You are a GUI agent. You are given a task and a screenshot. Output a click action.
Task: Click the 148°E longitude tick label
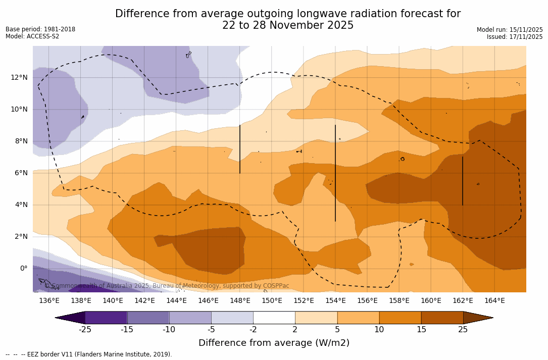pyautogui.click(x=240, y=301)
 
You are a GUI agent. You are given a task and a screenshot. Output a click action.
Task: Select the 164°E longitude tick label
pyautogui.click(x=494, y=301)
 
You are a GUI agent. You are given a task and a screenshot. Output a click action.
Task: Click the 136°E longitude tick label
pyautogui.click(x=49, y=301)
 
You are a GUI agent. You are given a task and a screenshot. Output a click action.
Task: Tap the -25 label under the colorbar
pyautogui.click(x=85, y=330)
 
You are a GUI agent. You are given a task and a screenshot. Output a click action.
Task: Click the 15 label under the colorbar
pyautogui.click(x=421, y=330)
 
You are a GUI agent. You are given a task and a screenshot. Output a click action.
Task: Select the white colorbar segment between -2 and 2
pyautogui.click(x=274, y=318)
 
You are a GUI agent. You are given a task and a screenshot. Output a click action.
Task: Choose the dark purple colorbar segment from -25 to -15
pyautogui.click(x=106, y=318)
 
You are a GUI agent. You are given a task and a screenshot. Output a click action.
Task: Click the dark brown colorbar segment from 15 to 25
pyautogui.click(x=442, y=318)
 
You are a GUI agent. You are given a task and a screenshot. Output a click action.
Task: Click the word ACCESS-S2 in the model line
pyautogui.click(x=42, y=36)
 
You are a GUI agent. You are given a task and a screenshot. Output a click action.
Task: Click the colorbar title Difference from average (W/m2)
pyautogui.click(x=274, y=343)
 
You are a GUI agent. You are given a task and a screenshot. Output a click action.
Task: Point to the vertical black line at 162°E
pyautogui.click(x=462, y=181)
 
